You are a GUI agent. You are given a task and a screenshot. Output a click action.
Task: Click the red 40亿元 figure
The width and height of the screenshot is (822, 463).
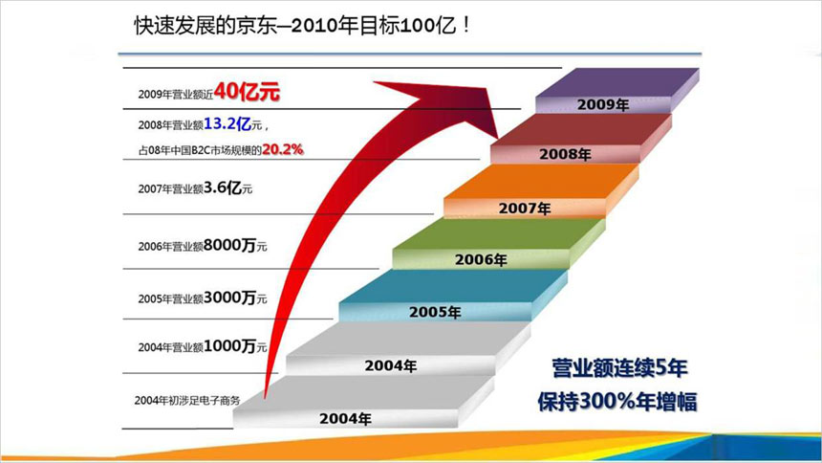pos(247,92)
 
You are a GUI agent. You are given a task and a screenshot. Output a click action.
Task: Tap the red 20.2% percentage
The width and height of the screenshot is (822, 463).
pos(283,149)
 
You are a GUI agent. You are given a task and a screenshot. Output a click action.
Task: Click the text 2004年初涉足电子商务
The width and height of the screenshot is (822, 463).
pos(187,398)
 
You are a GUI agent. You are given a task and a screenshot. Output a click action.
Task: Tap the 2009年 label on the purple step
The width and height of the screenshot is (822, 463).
pos(602,104)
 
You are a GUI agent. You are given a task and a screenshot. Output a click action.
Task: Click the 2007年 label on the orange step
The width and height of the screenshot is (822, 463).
pos(524,207)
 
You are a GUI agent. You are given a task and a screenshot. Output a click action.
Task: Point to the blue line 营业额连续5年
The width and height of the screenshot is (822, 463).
pos(616,367)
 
